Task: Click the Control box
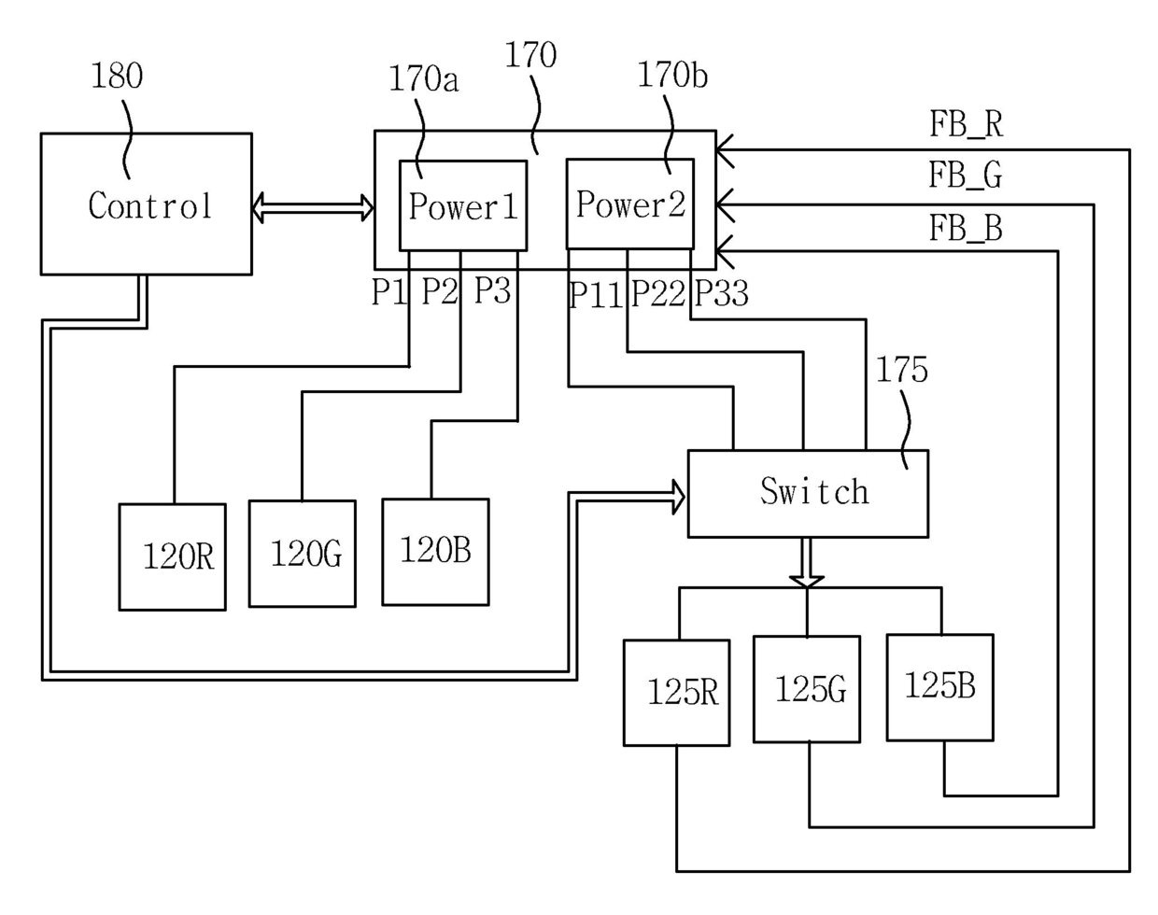click(x=147, y=204)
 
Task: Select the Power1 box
click(x=463, y=205)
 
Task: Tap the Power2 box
click(x=630, y=204)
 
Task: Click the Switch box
click(x=808, y=493)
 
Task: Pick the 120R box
click(x=172, y=556)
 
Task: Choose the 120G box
click(x=303, y=554)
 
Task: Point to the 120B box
click(x=436, y=552)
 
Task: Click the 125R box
click(x=677, y=693)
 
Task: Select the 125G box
click(x=807, y=690)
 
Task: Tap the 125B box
click(x=940, y=687)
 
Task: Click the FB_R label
click(x=967, y=125)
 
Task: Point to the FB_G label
click(x=966, y=176)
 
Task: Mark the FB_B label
click(x=966, y=228)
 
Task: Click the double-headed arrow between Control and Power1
click(x=313, y=207)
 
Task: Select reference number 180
click(x=118, y=76)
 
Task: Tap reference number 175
click(x=902, y=370)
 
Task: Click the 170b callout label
click(x=672, y=76)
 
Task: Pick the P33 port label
click(x=722, y=294)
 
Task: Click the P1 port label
click(x=389, y=292)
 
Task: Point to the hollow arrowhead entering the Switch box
click(x=678, y=497)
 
